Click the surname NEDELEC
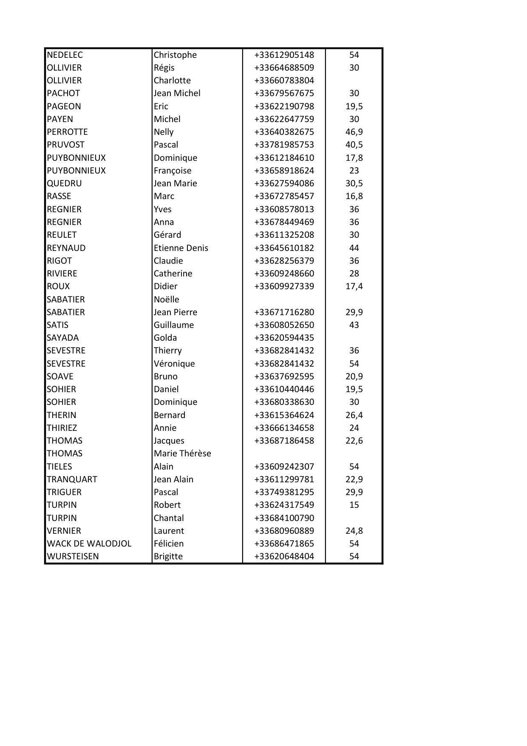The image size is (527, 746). pyautogui.click(x=65, y=55)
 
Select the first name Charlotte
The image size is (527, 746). pyautogui.click(x=172, y=80)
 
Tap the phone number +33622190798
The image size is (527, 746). pyautogui.click(x=284, y=106)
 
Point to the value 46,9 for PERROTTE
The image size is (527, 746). pyautogui.click(x=354, y=132)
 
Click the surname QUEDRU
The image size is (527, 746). pyautogui.click(x=64, y=183)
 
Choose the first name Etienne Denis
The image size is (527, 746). pyautogui.click(x=181, y=248)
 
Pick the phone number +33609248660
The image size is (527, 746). pyautogui.click(x=284, y=273)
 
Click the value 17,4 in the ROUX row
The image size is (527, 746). pyautogui.click(x=354, y=286)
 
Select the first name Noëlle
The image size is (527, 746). pyautogui.click(x=167, y=299)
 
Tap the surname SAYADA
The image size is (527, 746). pyautogui.click(x=62, y=338)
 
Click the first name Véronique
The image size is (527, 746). pyautogui.click(x=174, y=364)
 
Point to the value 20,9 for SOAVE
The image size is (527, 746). pyautogui.click(x=354, y=376)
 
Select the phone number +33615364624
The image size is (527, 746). pyautogui.click(x=284, y=415)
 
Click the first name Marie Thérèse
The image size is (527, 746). pyautogui.click(x=182, y=453)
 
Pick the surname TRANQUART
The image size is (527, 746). pyautogui.click(x=72, y=479)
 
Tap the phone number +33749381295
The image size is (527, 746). pyautogui.click(x=284, y=492)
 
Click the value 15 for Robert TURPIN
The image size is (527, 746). pyautogui.click(x=354, y=505)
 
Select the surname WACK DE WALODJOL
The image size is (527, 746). pyautogui.click(x=89, y=544)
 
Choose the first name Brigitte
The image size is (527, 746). pyautogui.click(x=168, y=556)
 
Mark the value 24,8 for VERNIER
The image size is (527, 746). pyautogui.click(x=354, y=531)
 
